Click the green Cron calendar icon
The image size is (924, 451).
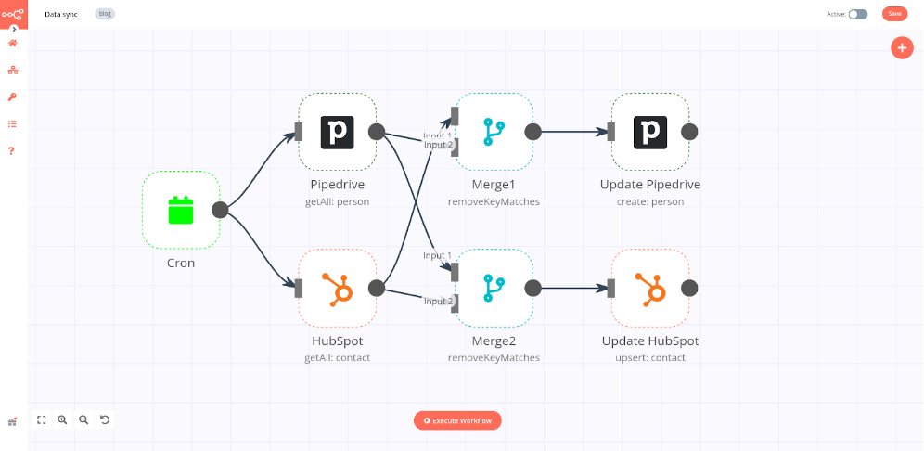(x=181, y=210)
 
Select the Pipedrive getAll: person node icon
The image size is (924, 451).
(x=337, y=132)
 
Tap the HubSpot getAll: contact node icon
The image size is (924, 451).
(x=337, y=288)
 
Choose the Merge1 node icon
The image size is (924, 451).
(x=493, y=132)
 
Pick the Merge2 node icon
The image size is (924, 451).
(x=493, y=288)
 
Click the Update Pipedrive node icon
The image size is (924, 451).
(x=649, y=132)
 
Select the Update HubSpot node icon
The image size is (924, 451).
(x=649, y=288)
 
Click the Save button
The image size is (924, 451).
(x=894, y=14)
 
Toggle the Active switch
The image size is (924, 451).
(x=858, y=14)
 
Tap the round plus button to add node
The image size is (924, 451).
(x=902, y=48)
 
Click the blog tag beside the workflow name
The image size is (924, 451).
(x=105, y=14)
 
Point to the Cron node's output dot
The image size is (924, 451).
(x=220, y=210)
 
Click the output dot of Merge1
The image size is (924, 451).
(x=533, y=132)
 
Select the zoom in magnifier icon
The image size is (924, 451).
(x=62, y=419)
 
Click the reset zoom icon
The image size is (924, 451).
(x=105, y=419)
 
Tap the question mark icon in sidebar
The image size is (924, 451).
(x=12, y=150)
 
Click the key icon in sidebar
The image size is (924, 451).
(x=12, y=97)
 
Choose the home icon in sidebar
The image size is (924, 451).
(x=12, y=43)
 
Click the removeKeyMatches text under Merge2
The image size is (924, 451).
(x=493, y=357)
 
